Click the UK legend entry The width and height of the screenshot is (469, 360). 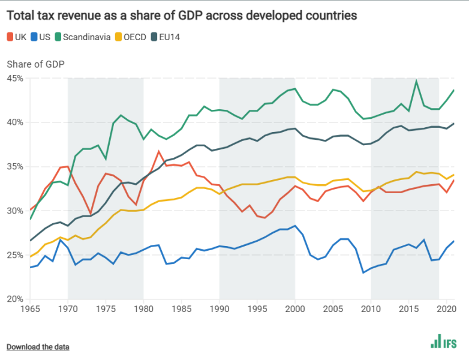tap(17, 37)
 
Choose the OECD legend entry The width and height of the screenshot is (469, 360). tap(134, 37)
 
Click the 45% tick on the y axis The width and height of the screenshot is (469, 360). tap(15, 79)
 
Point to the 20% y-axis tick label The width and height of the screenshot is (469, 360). tap(15, 299)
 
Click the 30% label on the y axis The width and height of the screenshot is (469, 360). tap(15, 211)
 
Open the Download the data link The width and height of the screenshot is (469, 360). tap(38, 347)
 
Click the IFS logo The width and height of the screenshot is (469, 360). tap(443, 342)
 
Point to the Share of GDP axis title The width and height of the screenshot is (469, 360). tap(35, 64)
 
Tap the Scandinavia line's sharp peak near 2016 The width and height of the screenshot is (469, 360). tap(416, 82)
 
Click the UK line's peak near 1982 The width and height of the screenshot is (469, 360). tap(159, 151)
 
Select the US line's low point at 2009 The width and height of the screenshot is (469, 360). tap(363, 272)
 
